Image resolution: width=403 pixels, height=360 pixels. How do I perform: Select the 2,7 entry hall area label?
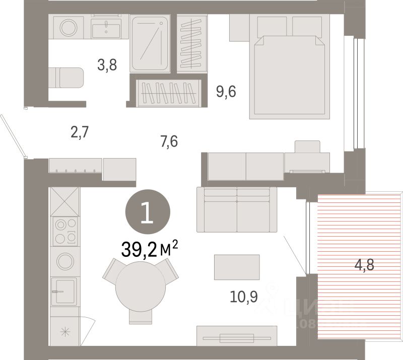coord(80,133)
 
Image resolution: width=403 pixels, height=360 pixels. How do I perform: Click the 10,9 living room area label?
coord(244,297)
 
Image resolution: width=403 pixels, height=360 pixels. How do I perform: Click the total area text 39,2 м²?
coord(150,248)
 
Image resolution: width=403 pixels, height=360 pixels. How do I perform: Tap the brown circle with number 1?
coord(148,214)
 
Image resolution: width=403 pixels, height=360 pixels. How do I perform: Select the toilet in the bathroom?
coord(69,78)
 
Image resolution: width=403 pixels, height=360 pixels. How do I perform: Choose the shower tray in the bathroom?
coord(150,43)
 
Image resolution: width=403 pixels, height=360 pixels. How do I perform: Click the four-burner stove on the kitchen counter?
coord(65,231)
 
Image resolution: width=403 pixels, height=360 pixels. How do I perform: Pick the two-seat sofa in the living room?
coord(237,209)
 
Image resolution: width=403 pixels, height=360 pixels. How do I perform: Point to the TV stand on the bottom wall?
coord(236,335)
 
